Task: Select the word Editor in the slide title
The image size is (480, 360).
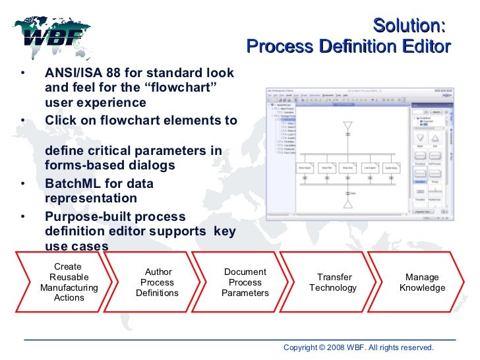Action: pyautogui.click(x=428, y=46)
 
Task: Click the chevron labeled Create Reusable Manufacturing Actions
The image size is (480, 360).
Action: pyautogui.click(x=69, y=282)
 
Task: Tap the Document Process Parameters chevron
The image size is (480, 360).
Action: pyautogui.click(x=245, y=282)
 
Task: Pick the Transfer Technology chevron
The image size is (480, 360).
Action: pyautogui.click(x=334, y=282)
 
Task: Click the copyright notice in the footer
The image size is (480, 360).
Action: pyautogui.click(x=358, y=347)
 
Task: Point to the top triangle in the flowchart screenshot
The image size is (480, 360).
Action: pyautogui.click(x=347, y=125)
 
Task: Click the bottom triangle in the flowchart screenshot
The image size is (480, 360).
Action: pyautogui.click(x=347, y=203)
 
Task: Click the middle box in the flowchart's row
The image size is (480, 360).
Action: pyautogui.click(x=347, y=168)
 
